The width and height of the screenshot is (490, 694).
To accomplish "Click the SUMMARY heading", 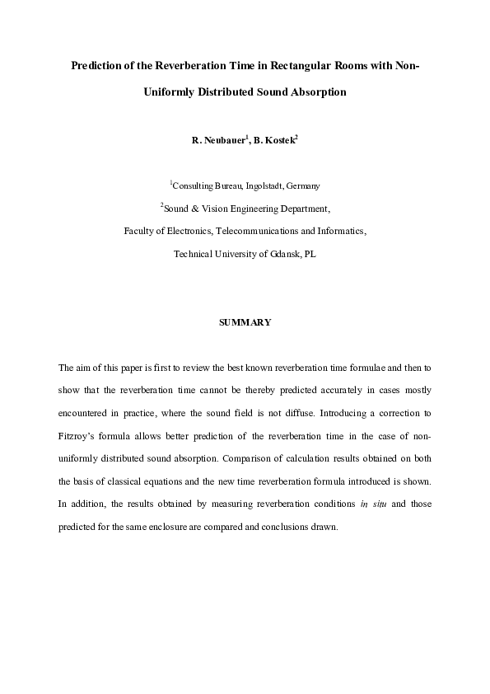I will click(245, 322).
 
